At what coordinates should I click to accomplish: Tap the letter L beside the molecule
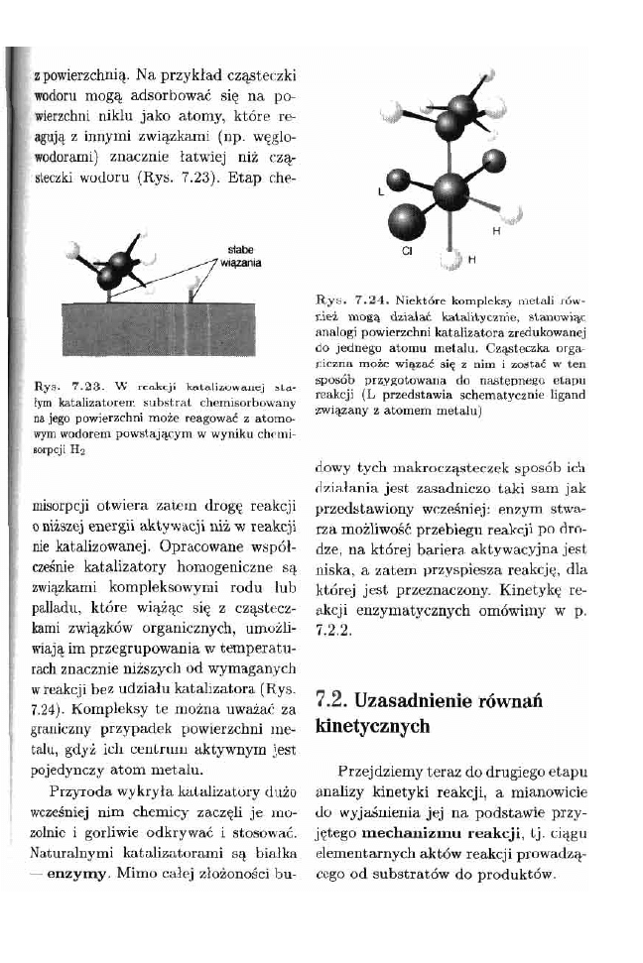[381, 194]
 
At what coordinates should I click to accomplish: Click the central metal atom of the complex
[451, 187]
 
